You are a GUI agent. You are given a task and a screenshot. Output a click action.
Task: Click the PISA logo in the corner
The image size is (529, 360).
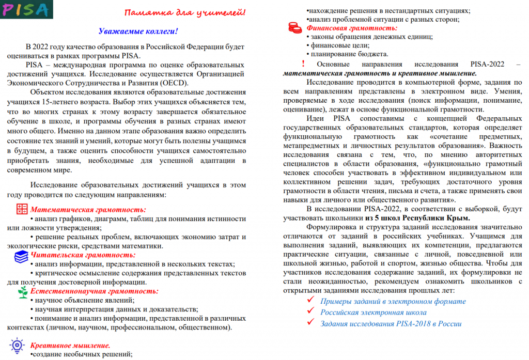(x=25, y=9)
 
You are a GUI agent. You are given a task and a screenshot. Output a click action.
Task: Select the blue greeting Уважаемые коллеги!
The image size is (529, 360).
(x=138, y=32)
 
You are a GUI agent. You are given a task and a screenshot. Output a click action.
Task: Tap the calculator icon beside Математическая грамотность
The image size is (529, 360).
(x=22, y=209)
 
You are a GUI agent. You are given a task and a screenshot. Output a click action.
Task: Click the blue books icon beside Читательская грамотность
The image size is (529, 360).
(x=21, y=256)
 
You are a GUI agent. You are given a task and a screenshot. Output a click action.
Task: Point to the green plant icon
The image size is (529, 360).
(x=22, y=291)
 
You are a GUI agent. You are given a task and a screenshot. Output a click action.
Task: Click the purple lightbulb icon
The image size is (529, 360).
(x=18, y=344)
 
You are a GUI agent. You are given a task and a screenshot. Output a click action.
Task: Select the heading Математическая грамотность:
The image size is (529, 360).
(x=88, y=210)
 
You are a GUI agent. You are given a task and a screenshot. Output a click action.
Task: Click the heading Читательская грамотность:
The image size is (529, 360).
(x=83, y=255)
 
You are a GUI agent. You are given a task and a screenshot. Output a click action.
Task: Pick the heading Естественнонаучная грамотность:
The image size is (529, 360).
(x=94, y=291)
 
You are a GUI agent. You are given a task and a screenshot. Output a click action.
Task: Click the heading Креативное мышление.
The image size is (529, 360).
(x=70, y=345)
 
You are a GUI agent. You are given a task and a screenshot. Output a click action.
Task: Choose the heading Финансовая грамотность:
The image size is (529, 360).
(x=352, y=27)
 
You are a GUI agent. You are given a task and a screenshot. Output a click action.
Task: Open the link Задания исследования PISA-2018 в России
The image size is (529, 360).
(x=391, y=324)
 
